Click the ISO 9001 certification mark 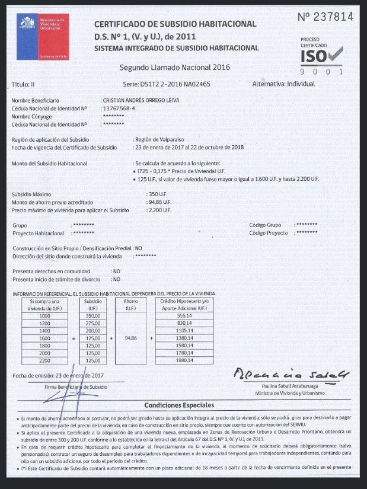tap(321, 59)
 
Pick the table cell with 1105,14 tap(186, 331)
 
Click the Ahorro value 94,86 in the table tap(130, 338)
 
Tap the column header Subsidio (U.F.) tap(93, 305)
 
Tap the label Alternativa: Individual tap(283, 84)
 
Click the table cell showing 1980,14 tap(186, 360)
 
